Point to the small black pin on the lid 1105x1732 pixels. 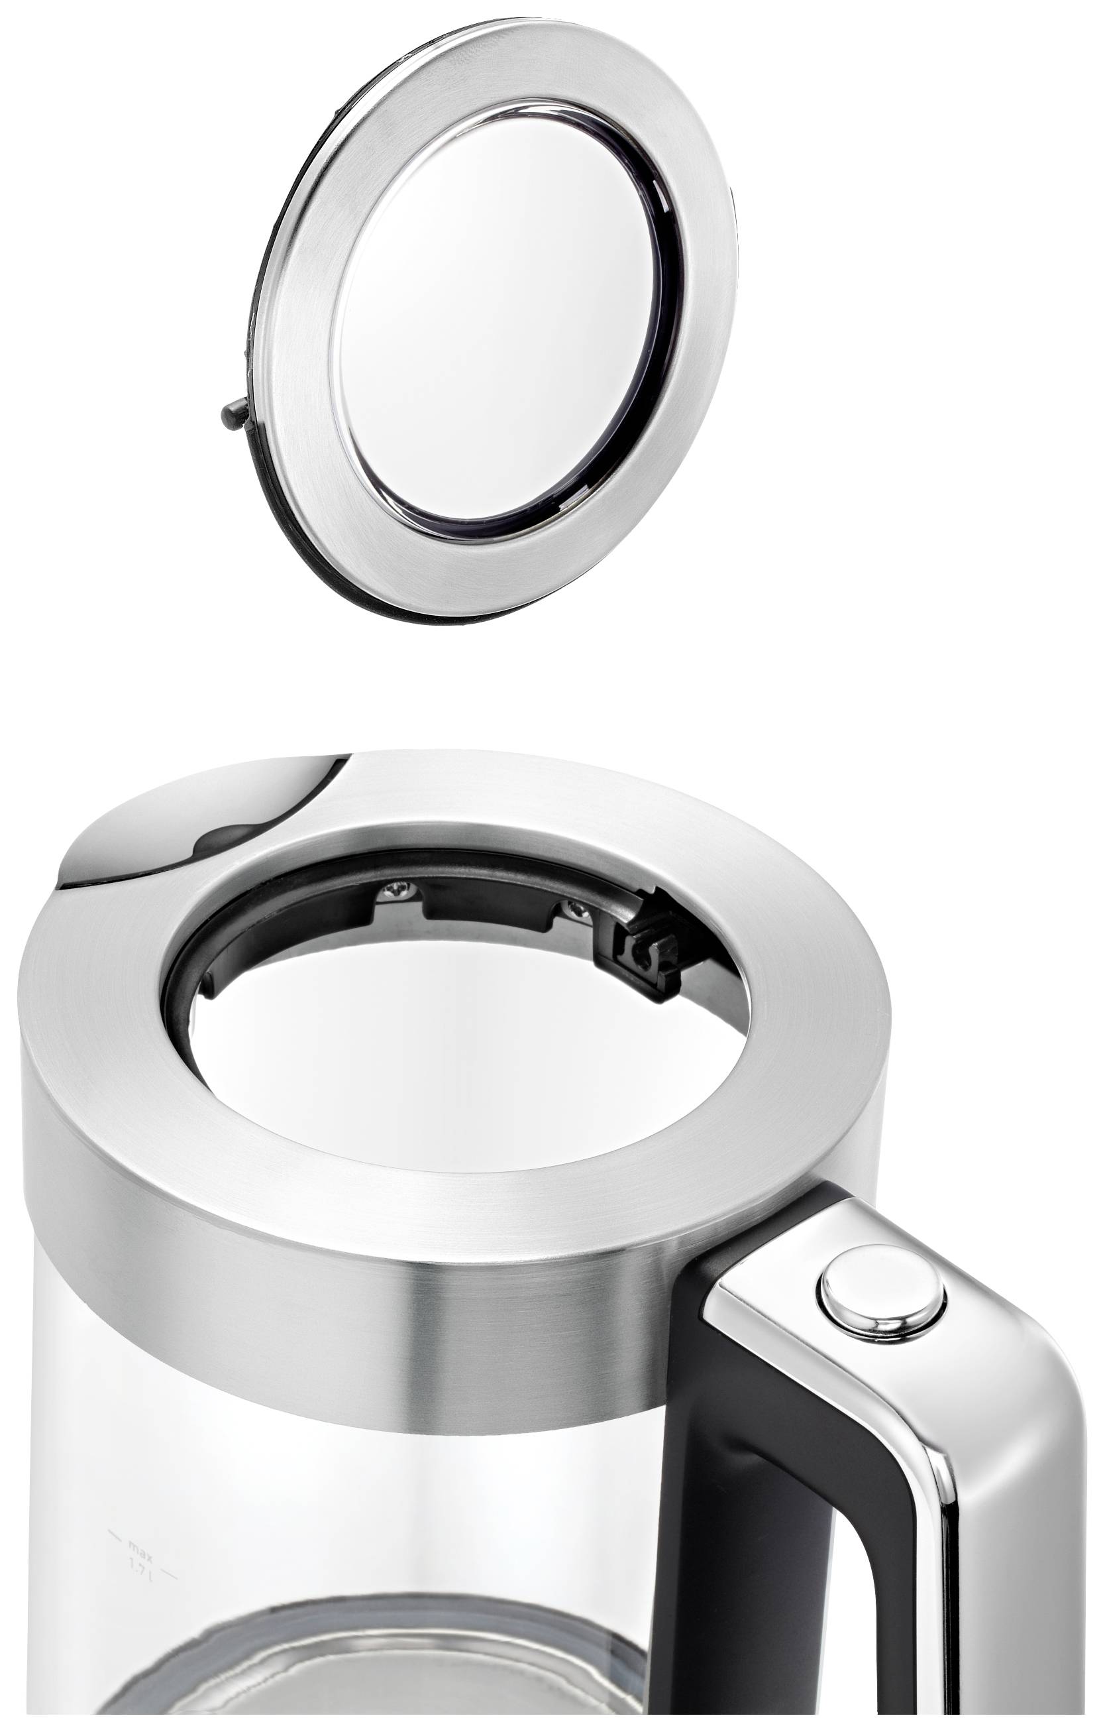(235, 416)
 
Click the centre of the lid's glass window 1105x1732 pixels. (496, 316)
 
